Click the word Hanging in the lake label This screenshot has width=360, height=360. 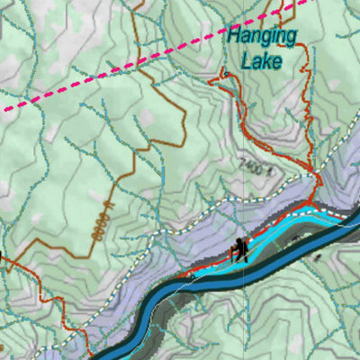(x=262, y=37)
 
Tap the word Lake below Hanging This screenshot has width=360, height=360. (x=260, y=62)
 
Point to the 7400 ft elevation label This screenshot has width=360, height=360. (x=254, y=166)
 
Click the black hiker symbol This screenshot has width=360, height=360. (x=239, y=251)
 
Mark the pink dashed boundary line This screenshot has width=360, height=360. (x=135, y=69)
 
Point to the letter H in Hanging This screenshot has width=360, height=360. (x=234, y=37)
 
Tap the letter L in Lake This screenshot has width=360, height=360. (x=246, y=62)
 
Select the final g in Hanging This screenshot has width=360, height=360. (x=291, y=39)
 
